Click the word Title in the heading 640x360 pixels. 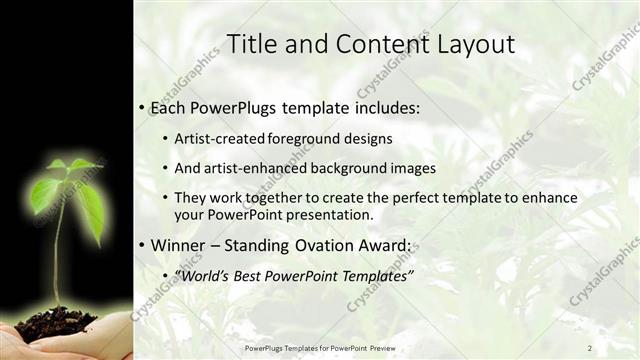click(251, 44)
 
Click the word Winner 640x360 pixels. click(178, 245)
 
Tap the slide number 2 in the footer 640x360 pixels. click(590, 347)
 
